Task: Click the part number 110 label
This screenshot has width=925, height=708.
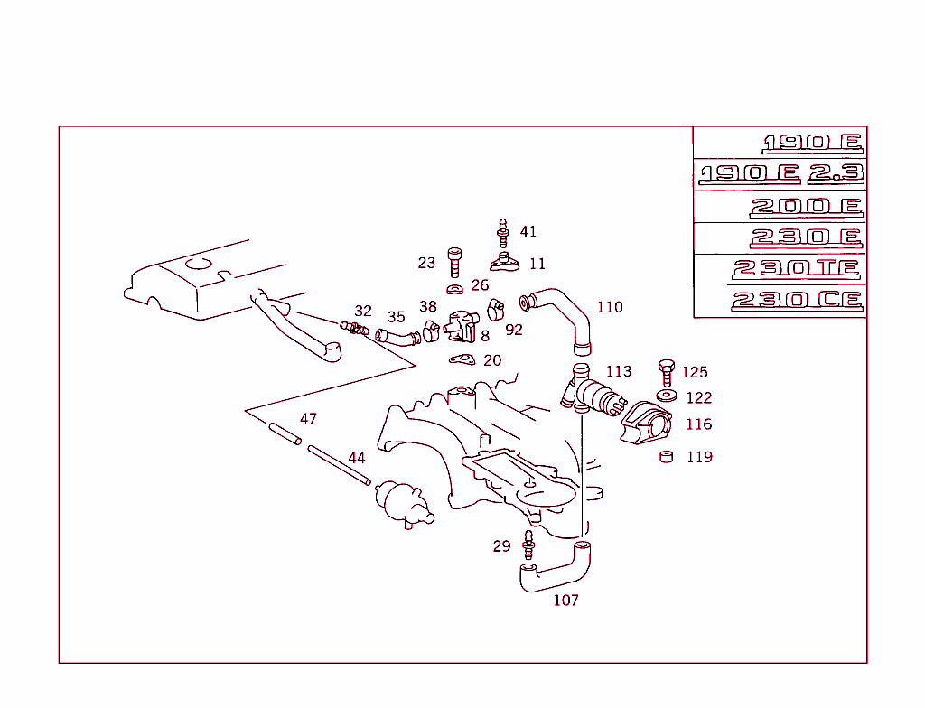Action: tap(610, 307)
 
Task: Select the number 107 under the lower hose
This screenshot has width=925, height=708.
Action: tap(565, 600)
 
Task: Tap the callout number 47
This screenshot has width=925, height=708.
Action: tap(308, 419)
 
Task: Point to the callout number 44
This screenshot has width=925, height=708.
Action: tap(357, 458)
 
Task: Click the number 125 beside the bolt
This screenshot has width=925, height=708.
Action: tap(695, 372)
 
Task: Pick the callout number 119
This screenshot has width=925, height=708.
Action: tap(699, 457)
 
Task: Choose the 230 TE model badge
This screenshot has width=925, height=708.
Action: tap(797, 269)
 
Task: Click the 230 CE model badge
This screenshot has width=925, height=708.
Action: tap(797, 301)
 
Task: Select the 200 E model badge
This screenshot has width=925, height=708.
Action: tap(806, 207)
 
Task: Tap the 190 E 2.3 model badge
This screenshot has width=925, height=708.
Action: tap(782, 173)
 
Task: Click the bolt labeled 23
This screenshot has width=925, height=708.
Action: tap(455, 263)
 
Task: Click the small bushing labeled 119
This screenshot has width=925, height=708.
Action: tap(667, 456)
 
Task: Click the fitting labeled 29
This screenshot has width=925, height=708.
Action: tap(528, 545)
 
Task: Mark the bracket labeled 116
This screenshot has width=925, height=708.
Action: tap(647, 423)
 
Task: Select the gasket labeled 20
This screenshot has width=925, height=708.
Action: tap(462, 361)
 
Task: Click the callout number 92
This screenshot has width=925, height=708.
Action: tap(514, 331)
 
